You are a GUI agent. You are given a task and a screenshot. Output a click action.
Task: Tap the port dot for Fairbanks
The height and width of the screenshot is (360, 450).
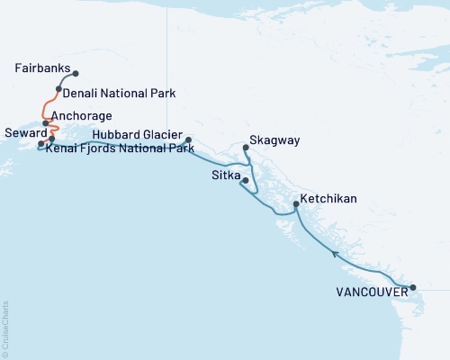coord(75,74)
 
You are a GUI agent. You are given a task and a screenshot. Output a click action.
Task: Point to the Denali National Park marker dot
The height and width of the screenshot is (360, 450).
coord(58,89)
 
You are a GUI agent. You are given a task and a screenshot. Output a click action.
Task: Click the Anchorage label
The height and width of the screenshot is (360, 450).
coord(82,116)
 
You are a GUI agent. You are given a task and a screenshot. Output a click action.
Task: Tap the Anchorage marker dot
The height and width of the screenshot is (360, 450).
coord(46,123)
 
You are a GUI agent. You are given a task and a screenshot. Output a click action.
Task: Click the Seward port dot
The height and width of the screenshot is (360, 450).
coord(40,144)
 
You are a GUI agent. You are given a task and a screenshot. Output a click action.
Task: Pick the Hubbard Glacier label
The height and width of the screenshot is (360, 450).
coord(136,133)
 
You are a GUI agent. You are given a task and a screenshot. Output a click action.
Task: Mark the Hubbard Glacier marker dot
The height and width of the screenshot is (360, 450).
coord(187,140)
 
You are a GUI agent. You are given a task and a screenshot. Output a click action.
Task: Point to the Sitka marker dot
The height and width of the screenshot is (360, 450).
coord(246,181)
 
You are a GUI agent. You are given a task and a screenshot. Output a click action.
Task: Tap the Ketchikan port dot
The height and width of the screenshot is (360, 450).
coord(296,206)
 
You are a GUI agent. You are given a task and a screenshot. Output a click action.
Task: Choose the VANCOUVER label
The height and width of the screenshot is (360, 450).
coord(369,292)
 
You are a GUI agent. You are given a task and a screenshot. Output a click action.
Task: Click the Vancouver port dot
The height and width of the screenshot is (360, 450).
coord(413,288)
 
